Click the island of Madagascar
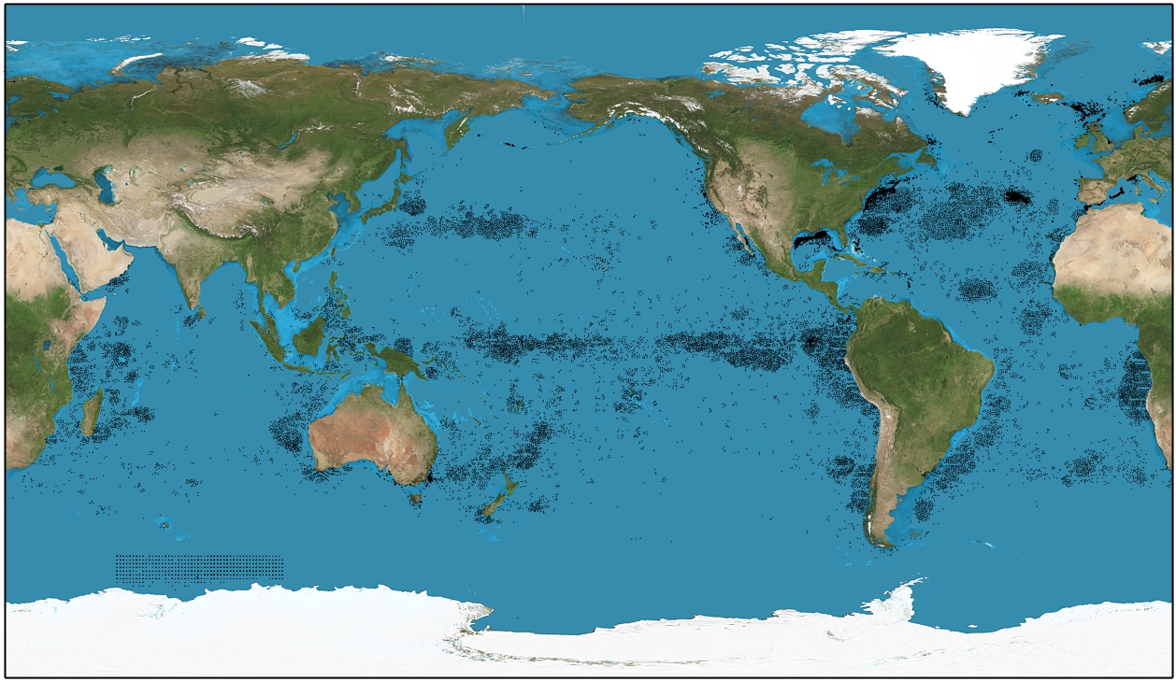click(91, 413)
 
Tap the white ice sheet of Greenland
click(972, 61)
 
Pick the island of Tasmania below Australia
click(415, 499)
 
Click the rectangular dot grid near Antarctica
click(199, 569)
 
